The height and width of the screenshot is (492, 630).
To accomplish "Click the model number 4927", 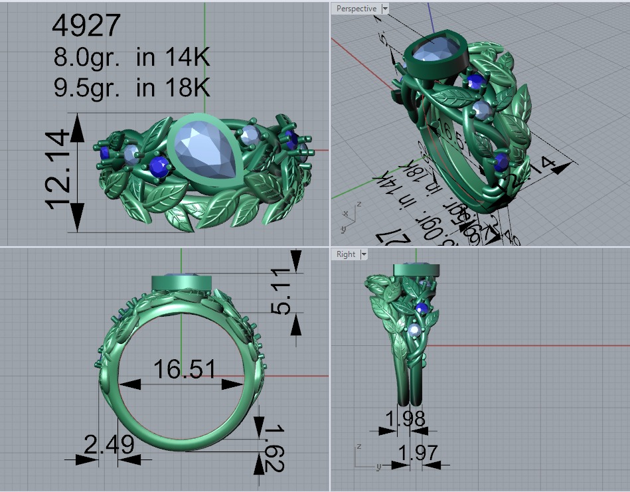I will tap(86, 25).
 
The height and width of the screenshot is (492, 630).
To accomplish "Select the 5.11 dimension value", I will tap(282, 292).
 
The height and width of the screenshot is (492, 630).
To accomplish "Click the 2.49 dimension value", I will tap(109, 444).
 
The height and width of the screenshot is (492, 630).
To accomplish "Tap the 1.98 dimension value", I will tap(405, 418).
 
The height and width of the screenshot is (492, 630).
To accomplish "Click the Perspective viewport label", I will tap(355, 9).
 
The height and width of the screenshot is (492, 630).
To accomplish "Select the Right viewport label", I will tap(346, 254).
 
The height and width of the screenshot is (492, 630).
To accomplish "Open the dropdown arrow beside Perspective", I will tap(385, 9).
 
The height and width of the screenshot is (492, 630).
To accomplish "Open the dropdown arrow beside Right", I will tap(362, 254).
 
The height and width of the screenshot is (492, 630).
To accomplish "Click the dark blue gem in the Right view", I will tap(421, 307).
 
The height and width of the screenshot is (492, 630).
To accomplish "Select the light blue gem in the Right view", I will tap(416, 330).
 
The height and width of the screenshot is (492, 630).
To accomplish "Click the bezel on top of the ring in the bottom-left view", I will tap(181, 282).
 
